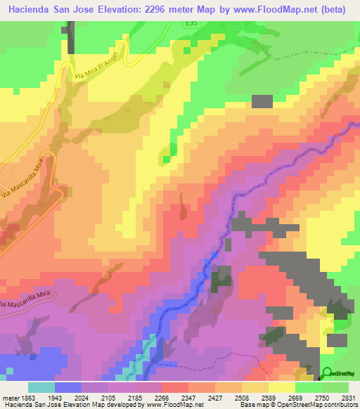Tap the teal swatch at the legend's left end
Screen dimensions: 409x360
[x=41, y=387]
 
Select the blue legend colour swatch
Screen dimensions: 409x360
[x=68, y=387]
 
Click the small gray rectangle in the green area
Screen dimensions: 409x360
[x=262, y=100]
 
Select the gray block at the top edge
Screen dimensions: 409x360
[x=70, y=36]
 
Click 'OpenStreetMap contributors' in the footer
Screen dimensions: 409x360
[x=318, y=405]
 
